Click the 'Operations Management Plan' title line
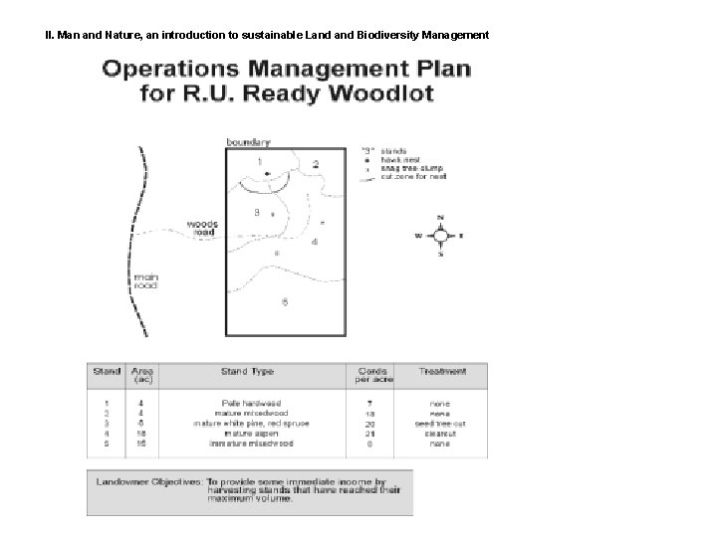click(286, 71)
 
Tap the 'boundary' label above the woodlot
click(248, 142)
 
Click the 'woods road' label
click(204, 228)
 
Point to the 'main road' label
click(146, 280)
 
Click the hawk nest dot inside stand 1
click(266, 172)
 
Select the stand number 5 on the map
click(285, 301)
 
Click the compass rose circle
click(440, 236)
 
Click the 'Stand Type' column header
click(247, 372)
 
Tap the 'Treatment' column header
click(443, 372)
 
